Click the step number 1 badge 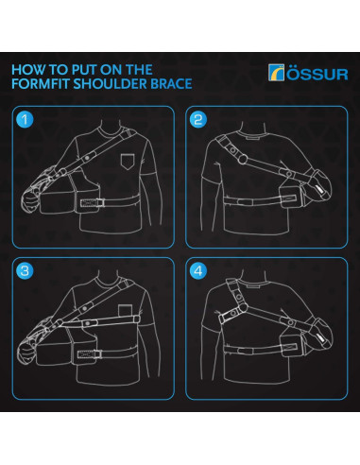tap(25, 120)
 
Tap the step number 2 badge tap(198, 120)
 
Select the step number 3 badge tap(25, 271)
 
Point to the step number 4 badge tap(198, 271)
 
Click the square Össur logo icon tap(276, 73)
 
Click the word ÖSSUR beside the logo tap(317, 74)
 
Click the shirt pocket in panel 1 tap(128, 162)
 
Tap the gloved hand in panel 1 tap(30, 201)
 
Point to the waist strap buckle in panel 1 tap(93, 203)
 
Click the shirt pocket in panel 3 tap(126, 310)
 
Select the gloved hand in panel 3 tap(26, 353)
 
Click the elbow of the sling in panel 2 tap(320, 186)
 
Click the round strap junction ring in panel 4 tap(243, 307)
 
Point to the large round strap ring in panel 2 tap(242, 159)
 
